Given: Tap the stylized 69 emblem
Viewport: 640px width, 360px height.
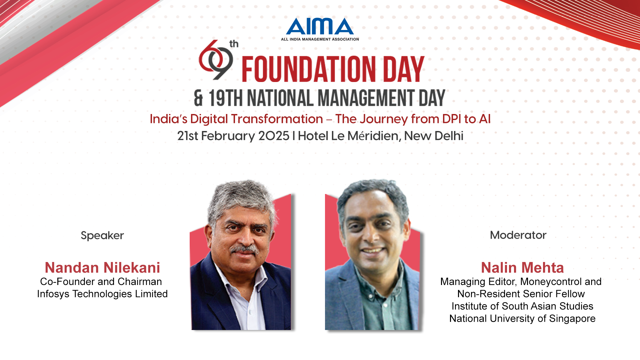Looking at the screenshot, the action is pos(215,60).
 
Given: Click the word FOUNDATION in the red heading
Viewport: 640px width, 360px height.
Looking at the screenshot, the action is pos(308,69).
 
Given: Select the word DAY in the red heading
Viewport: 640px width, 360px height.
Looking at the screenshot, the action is pos(403,69).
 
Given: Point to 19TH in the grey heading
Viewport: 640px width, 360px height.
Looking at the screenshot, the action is pos(226,98).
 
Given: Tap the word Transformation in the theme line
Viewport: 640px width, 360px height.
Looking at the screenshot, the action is pos(277,119).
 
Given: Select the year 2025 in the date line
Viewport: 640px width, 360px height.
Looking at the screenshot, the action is pos(274,136).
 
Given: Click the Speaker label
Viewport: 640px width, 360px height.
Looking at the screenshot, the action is pos(102,236).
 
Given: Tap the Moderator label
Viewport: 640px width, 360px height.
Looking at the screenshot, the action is pos(518,235).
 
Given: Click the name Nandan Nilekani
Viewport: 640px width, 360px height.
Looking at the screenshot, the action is pos(102,268).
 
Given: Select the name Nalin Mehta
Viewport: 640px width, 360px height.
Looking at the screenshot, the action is pos(522,268).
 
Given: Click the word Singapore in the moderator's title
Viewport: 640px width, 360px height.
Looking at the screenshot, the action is pos(572,319).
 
